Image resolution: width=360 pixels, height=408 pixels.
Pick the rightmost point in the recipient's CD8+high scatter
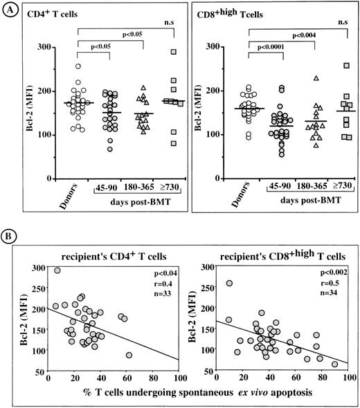point(334,364)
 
